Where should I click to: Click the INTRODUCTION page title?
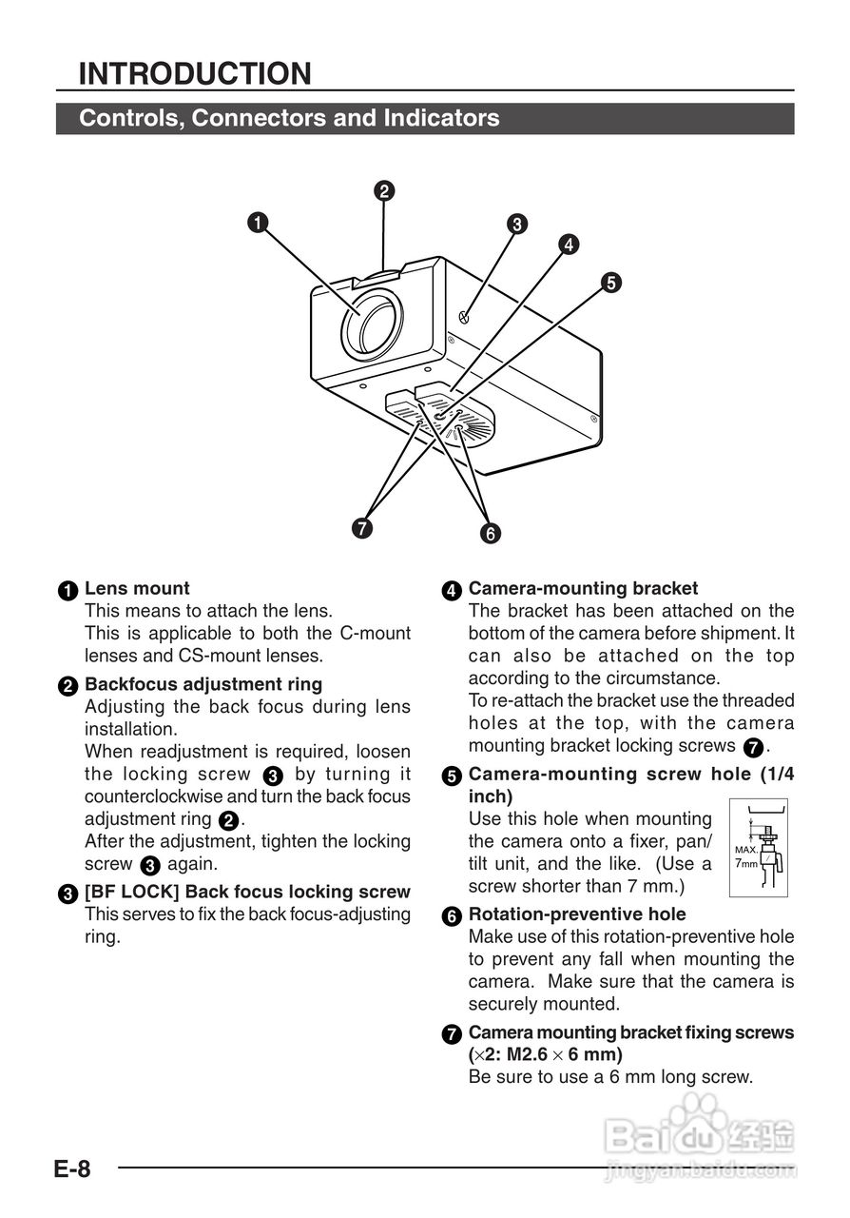195,73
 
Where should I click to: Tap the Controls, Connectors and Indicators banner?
289,119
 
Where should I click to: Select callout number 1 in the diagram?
257,223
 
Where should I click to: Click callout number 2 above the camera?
383,191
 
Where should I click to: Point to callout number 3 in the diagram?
516,225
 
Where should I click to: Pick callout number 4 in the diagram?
568,245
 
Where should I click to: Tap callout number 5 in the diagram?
610,282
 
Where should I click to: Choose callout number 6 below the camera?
490,534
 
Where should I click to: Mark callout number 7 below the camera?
360,527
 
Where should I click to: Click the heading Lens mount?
137,588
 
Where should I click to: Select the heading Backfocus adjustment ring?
203,684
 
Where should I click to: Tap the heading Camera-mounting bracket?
583,588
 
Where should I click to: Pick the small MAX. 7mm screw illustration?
761,848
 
